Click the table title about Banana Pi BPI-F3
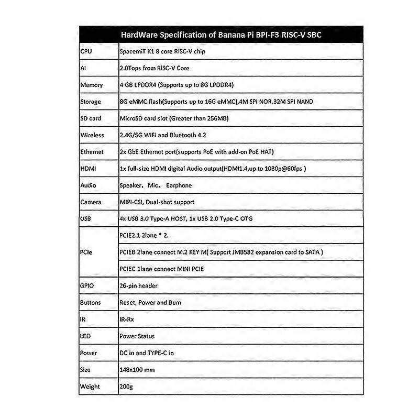tap(222, 35)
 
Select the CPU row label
tap(86, 51)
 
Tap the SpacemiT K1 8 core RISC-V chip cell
tap(161, 51)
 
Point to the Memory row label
tap(91, 85)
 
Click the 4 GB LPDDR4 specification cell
tap(177, 85)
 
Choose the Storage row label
tap(91, 102)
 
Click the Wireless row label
tap(92, 135)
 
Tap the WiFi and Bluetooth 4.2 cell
tap(163, 135)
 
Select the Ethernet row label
tap(92, 152)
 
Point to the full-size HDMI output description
tap(213, 169)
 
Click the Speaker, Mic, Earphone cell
tap(156, 185)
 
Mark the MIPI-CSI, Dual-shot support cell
tap(157, 202)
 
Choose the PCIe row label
tap(87, 252)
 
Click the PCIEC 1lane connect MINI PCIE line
tap(161, 269)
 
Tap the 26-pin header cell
tap(138, 285)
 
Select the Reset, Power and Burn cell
tap(151, 302)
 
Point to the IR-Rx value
tap(127, 319)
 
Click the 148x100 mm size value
tap(137, 369)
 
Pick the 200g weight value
tap(126, 387)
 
